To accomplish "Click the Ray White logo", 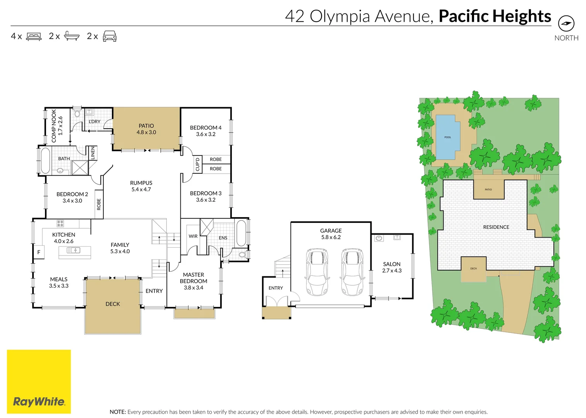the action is (x=39, y=382).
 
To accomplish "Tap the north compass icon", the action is (x=566, y=23).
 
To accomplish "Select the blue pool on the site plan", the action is (x=447, y=137).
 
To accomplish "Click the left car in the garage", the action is (x=317, y=272).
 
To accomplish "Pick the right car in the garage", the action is (x=352, y=272).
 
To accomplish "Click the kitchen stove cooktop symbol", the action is (x=60, y=223).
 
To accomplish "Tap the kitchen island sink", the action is (x=74, y=250).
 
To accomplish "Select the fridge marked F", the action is (x=39, y=252).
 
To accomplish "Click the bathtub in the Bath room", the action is (x=45, y=161).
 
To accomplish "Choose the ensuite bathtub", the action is (x=241, y=233).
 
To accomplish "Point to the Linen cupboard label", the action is (x=93, y=153).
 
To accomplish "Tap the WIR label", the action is (x=193, y=236).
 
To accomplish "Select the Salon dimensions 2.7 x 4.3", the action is (x=392, y=271).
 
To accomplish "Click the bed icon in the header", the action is (x=34, y=36).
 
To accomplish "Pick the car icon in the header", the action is (x=110, y=36).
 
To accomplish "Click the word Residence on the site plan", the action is (x=496, y=227).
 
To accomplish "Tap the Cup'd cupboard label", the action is (x=197, y=164).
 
